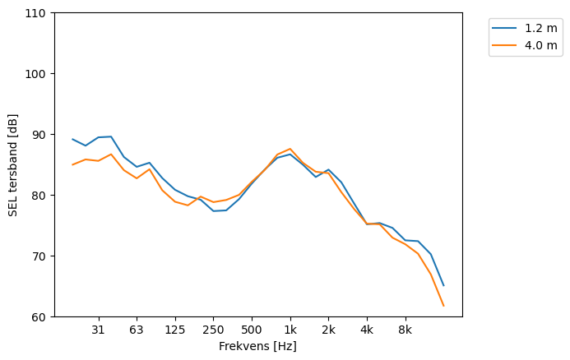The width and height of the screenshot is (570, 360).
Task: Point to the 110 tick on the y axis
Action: pos(38,13)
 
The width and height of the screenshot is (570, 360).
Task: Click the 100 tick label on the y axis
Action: pos(38,74)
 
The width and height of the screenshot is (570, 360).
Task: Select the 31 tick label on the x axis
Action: pos(98,330)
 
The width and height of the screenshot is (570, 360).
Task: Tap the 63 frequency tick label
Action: pos(137,330)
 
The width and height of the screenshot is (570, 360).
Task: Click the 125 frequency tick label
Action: pos(174,330)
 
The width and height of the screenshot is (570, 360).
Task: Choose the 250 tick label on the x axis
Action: pos(213,330)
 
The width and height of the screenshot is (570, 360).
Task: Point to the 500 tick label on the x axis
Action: pos(252,330)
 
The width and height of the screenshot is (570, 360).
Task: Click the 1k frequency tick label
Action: pos(290,330)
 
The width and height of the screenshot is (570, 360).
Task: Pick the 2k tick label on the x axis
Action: pos(328,330)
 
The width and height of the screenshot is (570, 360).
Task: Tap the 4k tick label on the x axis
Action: pos(367,330)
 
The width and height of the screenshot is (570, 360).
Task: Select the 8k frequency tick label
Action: pos(405,330)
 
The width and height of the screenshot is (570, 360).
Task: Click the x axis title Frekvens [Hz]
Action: pos(257,346)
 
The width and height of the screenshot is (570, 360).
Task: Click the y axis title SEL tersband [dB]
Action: pos(13,165)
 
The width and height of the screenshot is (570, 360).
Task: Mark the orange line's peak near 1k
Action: pos(290,149)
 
